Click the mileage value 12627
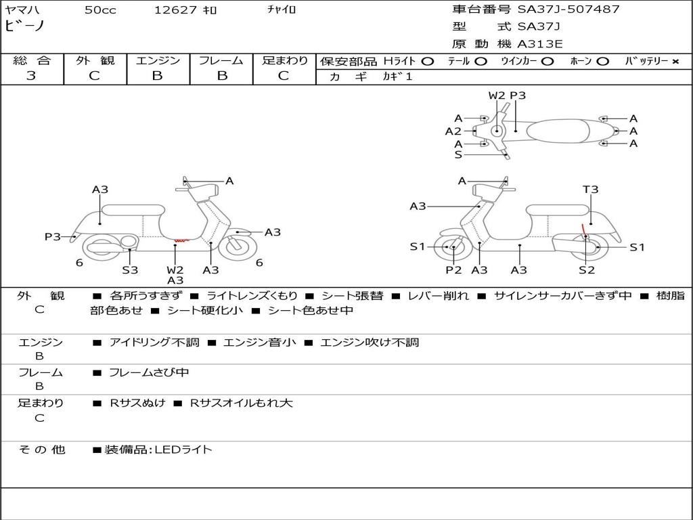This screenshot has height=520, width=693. tap(175, 10)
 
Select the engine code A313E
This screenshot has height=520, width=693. tap(539, 45)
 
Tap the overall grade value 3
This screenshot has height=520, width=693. tap(31, 76)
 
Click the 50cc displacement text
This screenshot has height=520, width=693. tap(100, 10)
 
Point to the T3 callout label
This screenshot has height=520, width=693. tap(591, 190)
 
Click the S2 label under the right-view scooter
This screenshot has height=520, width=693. tap(587, 270)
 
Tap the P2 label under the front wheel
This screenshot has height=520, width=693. tap(453, 270)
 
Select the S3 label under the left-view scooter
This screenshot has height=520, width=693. tap(130, 270)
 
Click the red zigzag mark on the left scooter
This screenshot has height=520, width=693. tap(180, 240)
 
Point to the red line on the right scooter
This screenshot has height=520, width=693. tap(583, 230)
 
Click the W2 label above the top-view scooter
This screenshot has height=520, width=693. tap(497, 95)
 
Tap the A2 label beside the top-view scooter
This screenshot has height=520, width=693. tap(453, 131)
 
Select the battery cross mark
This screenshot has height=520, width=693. tap(675, 61)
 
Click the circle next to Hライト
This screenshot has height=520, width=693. tap(427, 61)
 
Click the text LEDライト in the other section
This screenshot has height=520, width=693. tap(183, 450)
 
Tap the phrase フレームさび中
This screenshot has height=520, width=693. tap(149, 372)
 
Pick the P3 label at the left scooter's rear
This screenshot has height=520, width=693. tap(53, 236)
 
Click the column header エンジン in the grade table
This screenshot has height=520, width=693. tap(158, 60)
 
